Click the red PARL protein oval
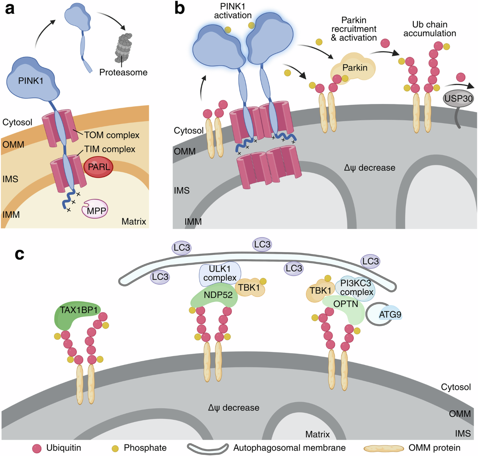(x=98, y=167)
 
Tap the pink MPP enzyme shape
(x=95, y=209)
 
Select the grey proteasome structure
(x=123, y=48)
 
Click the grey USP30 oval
(x=458, y=98)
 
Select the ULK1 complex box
(x=220, y=274)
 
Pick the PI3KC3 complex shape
(x=355, y=288)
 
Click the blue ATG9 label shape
(x=390, y=314)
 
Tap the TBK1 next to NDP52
(x=250, y=288)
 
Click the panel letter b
(x=180, y=9)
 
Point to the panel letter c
(x=20, y=254)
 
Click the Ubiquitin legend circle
(x=37, y=448)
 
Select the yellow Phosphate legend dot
(x=115, y=448)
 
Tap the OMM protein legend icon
(x=383, y=448)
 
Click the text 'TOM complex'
(x=112, y=135)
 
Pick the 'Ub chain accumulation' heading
(x=430, y=29)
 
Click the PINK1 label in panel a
(x=31, y=81)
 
